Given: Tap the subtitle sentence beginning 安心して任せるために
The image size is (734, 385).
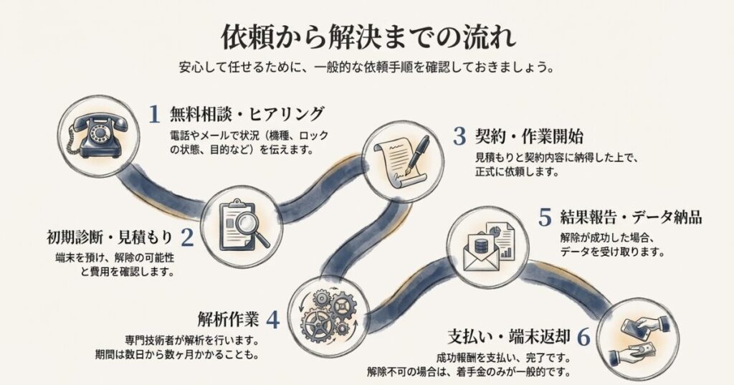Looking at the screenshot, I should pos(366,69).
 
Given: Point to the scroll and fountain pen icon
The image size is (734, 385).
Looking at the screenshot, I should pos(403,158).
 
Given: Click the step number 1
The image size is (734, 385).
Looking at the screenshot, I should pos(153,115).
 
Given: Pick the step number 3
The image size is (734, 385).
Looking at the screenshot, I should pos(459,136).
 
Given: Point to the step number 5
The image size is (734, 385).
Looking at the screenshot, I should pos(545,217).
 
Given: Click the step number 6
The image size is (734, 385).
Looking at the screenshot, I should pos(583,337).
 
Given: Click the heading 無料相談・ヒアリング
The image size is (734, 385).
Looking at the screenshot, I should pos(247,115).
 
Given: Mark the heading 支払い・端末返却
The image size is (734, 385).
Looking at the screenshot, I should pos(508,337).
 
